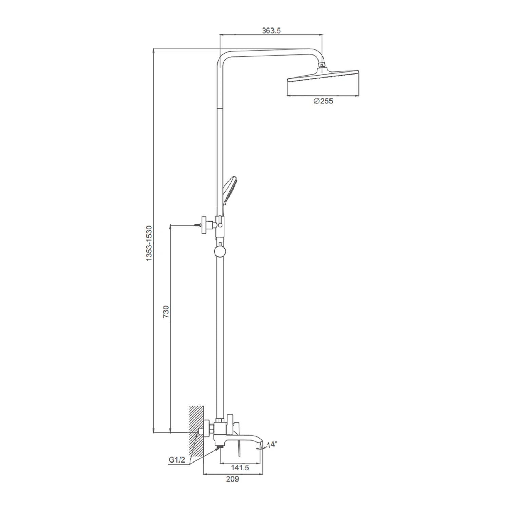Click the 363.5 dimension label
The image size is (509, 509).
(271, 31)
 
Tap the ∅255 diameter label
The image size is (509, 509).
(323, 101)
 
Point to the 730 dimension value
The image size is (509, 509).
(166, 312)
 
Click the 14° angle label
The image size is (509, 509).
(272, 444)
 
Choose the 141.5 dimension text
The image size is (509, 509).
(240, 468)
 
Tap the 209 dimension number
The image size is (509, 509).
(232, 479)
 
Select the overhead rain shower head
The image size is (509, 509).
(323, 81)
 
